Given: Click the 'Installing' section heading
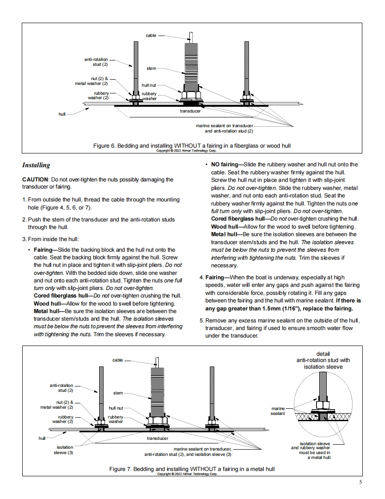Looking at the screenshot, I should (x=36, y=165).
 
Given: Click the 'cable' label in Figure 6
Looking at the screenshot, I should (x=151, y=36).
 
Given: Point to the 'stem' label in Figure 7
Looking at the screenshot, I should (x=118, y=393).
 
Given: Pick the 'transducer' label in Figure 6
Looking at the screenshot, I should (x=190, y=111).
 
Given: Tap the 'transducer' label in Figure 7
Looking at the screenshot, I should (x=158, y=439).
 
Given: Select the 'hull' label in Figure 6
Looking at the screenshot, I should (x=62, y=114).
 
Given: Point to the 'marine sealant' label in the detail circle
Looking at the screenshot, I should (x=278, y=411).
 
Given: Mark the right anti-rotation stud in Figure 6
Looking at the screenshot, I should (x=247, y=67).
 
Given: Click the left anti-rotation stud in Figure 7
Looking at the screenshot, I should (x=101, y=391).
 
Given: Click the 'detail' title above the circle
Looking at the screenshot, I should (x=323, y=354).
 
